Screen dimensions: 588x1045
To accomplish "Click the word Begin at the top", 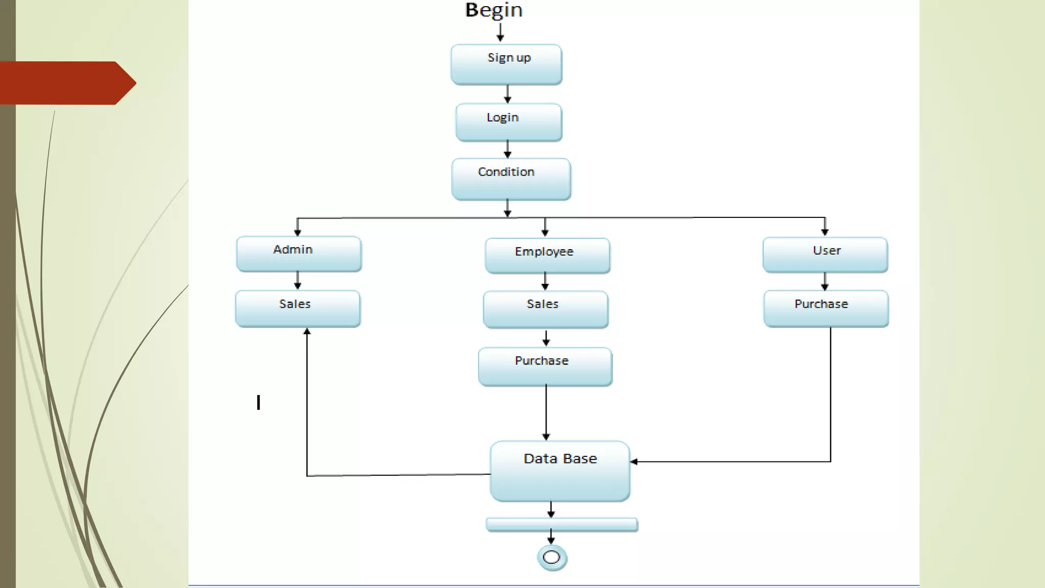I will coord(493,10).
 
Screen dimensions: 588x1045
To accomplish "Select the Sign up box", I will coord(506,64).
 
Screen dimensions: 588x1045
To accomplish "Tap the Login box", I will coord(508,122).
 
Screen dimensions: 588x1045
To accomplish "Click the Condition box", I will coord(511,179).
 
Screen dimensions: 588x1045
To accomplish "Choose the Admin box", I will coord(298,254).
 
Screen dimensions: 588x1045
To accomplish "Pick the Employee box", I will coord(547,255).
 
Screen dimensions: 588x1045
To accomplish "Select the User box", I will coord(825,254).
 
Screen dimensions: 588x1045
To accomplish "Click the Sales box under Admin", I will coord(297,308).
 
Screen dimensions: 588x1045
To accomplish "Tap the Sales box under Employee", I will coord(545,309).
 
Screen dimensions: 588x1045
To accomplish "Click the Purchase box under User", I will coord(826,308).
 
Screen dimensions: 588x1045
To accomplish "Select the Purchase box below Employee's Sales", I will coord(545,366).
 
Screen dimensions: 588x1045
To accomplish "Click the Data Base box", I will coord(560,471).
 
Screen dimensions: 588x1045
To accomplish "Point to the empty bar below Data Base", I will coord(561,525).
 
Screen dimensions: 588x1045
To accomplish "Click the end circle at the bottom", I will coord(552,557).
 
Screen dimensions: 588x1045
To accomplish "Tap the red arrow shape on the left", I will coord(66,83).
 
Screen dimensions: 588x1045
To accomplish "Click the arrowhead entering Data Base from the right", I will coord(634,461).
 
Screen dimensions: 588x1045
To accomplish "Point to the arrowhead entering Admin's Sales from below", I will coord(307,332).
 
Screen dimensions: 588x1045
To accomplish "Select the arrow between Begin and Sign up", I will coord(500,32).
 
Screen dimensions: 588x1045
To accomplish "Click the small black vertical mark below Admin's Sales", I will coord(259,402).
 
